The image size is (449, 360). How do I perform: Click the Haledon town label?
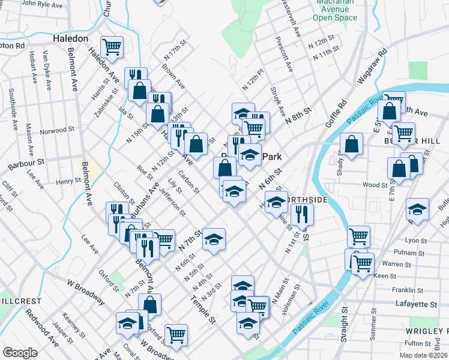click(71, 38)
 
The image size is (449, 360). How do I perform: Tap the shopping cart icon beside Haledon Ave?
click(112, 46)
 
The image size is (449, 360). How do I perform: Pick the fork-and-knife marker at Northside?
click(302, 214)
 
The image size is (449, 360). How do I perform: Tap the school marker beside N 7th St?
click(214, 239)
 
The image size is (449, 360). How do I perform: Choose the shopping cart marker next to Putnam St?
click(358, 236)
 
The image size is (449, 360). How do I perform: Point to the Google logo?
click(20, 352)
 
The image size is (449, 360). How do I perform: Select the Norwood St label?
click(56, 130)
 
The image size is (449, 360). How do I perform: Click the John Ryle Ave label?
click(42, 5)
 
